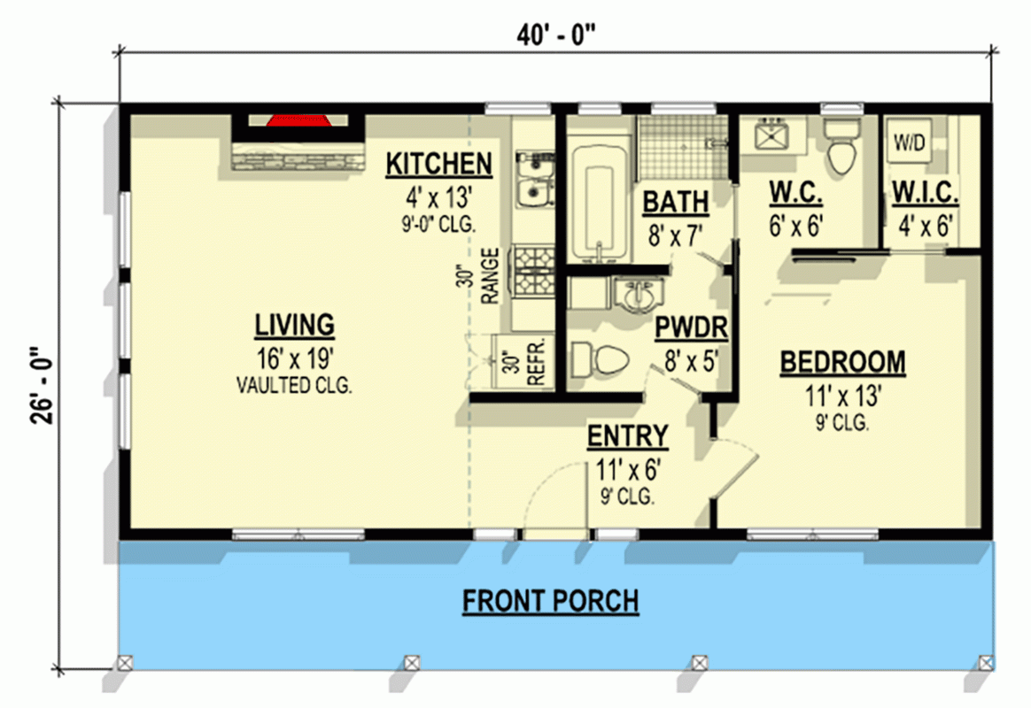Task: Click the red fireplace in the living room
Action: pyautogui.click(x=297, y=121)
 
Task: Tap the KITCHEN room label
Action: pyautogui.click(x=438, y=164)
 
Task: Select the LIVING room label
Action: pyautogui.click(x=295, y=325)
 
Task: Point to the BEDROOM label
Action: pyautogui.click(x=842, y=362)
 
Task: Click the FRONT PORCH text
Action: pyautogui.click(x=550, y=602)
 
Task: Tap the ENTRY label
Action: pyautogui.click(x=627, y=436)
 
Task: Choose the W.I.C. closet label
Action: pyautogui.click(x=925, y=192)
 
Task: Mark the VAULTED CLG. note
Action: pyautogui.click(x=295, y=385)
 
